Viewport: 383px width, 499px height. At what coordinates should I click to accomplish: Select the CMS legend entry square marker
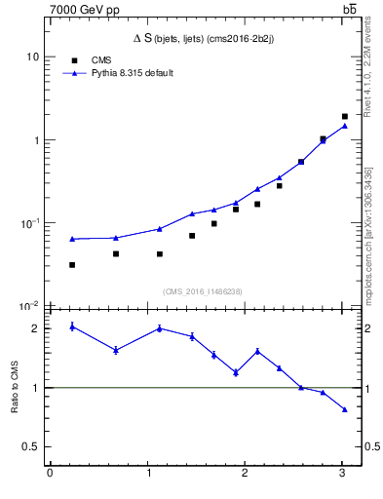(72, 60)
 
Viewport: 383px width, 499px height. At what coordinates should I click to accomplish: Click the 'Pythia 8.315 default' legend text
(133, 73)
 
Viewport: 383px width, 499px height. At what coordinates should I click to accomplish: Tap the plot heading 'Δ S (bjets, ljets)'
(204, 38)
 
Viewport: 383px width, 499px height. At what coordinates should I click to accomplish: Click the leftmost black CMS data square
(72, 264)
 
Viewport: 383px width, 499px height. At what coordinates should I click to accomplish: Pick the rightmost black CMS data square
(345, 116)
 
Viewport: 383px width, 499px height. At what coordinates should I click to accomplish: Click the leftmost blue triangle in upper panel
(72, 239)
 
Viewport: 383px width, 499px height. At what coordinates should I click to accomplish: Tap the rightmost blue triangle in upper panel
(345, 126)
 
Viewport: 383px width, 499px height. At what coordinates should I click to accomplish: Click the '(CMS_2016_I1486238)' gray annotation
(204, 290)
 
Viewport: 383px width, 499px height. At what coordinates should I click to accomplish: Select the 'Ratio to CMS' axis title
(15, 388)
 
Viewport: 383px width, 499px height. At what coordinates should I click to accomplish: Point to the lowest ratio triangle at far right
(345, 409)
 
